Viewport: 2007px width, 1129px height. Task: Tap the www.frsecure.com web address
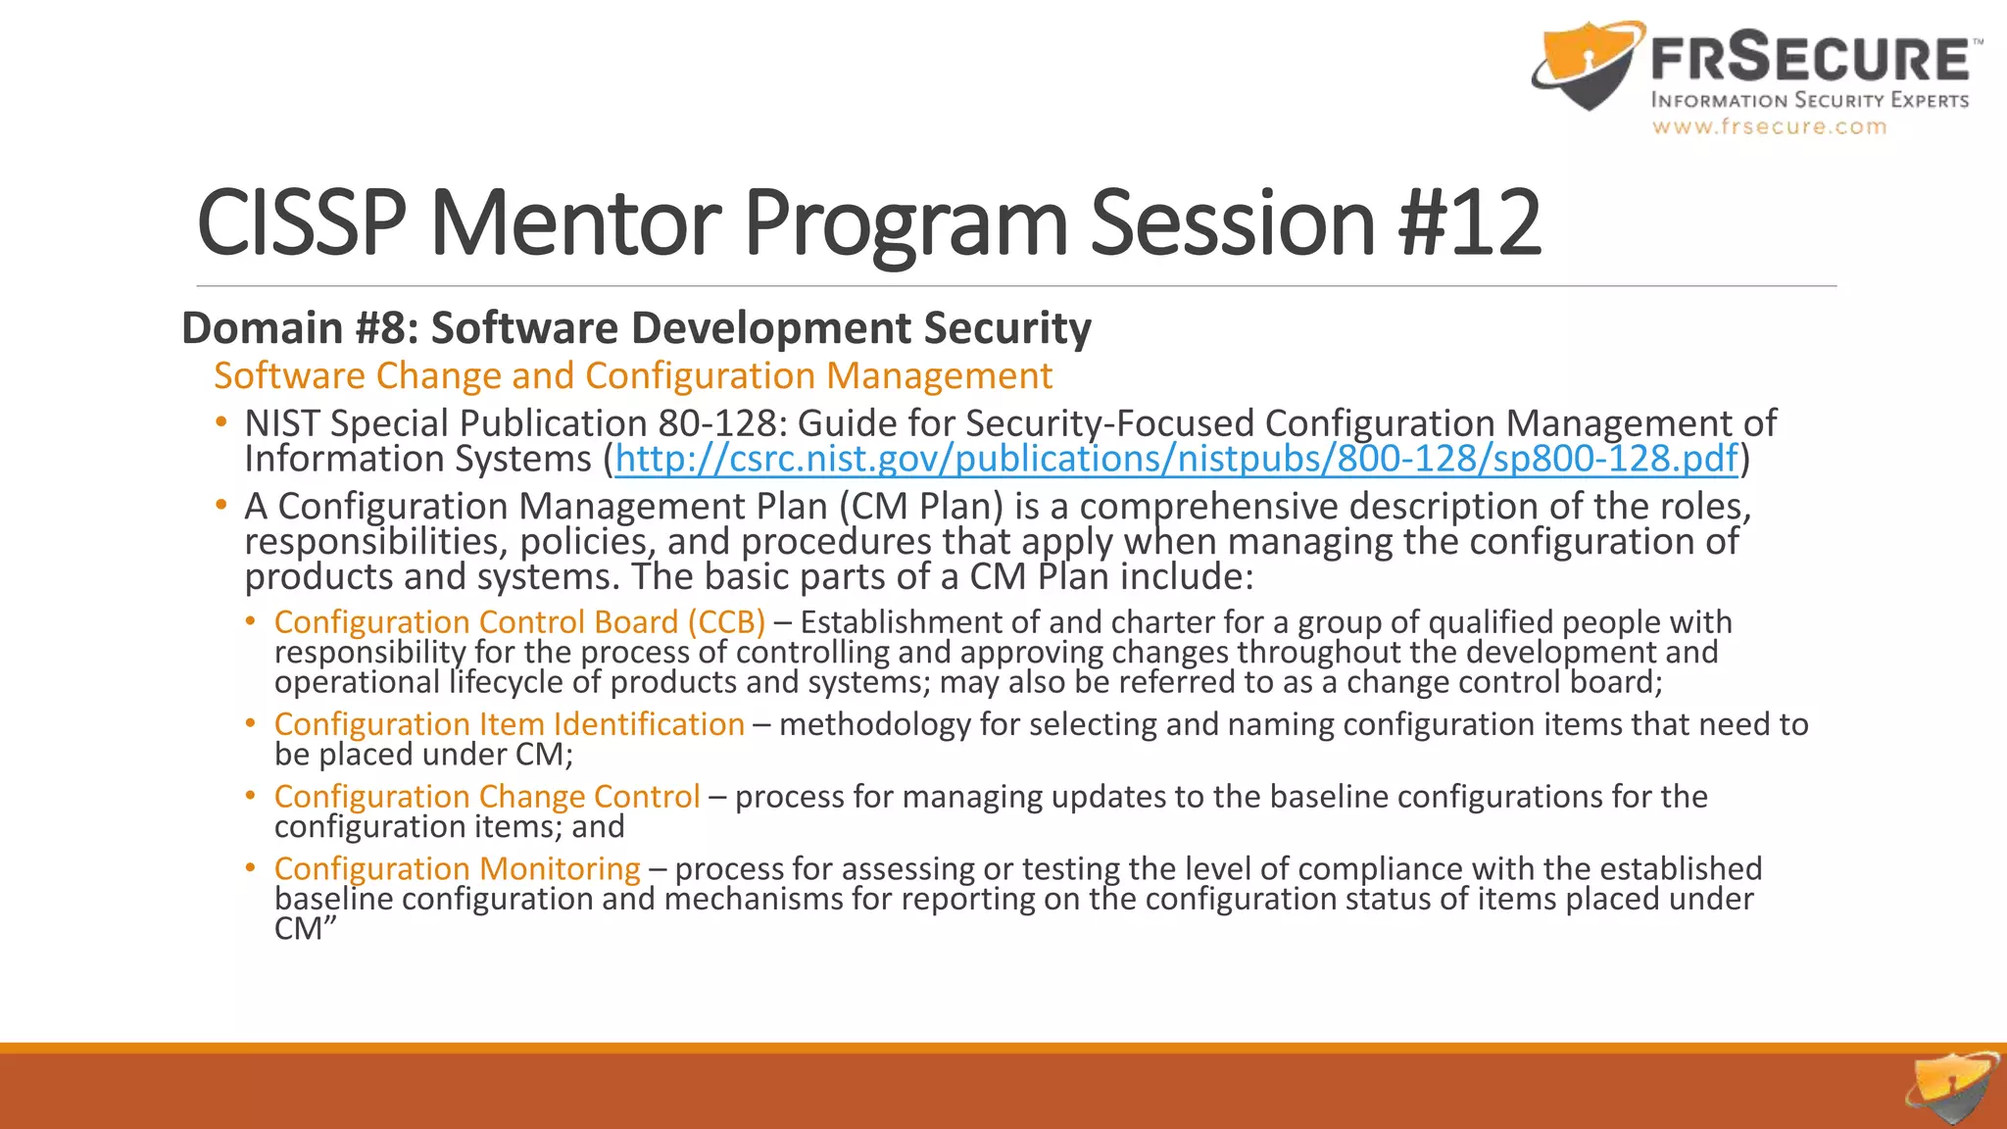(x=1769, y=126)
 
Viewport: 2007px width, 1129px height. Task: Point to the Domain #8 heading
(x=636, y=327)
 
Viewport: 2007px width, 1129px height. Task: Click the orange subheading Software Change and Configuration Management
(x=633, y=376)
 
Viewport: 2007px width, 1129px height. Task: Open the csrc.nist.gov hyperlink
(x=1176, y=459)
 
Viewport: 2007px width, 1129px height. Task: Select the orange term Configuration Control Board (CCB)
(x=519, y=622)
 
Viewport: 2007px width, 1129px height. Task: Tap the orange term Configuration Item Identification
(x=510, y=724)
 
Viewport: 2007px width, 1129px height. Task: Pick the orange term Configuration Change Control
(x=487, y=797)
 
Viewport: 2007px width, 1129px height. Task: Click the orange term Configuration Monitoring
(x=457, y=869)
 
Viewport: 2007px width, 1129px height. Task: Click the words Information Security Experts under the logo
(x=1809, y=100)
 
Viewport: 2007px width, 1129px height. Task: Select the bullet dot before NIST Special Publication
(x=221, y=422)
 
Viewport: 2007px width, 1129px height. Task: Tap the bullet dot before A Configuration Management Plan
(x=221, y=506)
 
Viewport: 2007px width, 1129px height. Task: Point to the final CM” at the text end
(x=305, y=929)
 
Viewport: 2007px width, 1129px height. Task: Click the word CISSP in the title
(x=301, y=223)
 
